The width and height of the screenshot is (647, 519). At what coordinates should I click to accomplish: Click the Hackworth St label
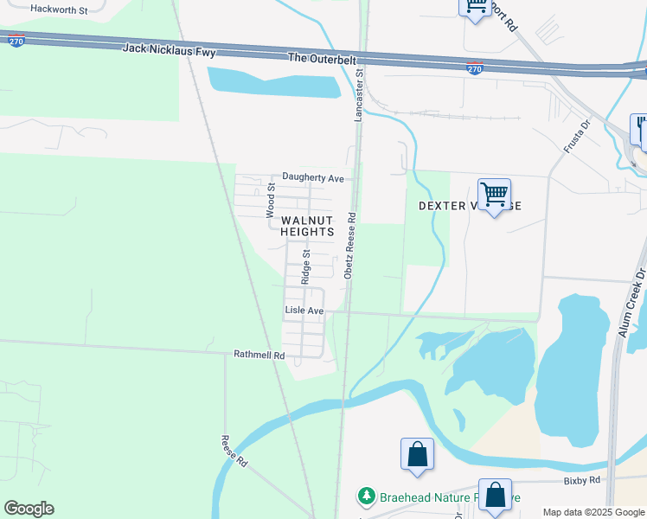[x=59, y=10]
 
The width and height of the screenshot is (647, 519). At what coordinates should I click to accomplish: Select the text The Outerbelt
[x=320, y=57]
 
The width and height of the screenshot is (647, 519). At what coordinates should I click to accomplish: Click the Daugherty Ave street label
[x=307, y=178]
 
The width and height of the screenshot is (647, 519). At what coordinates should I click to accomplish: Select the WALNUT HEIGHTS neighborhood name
[x=306, y=227]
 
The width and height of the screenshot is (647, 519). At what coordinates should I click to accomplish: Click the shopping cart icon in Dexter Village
[x=494, y=195]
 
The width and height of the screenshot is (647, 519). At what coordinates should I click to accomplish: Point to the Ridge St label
[x=305, y=268]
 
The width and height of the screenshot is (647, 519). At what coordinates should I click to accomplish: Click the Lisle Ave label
[x=304, y=311]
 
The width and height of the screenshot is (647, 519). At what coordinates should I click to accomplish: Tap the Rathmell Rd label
[x=259, y=354]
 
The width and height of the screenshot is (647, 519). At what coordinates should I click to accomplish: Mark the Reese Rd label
[x=234, y=452]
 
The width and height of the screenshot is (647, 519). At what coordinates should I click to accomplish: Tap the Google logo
[x=29, y=509]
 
